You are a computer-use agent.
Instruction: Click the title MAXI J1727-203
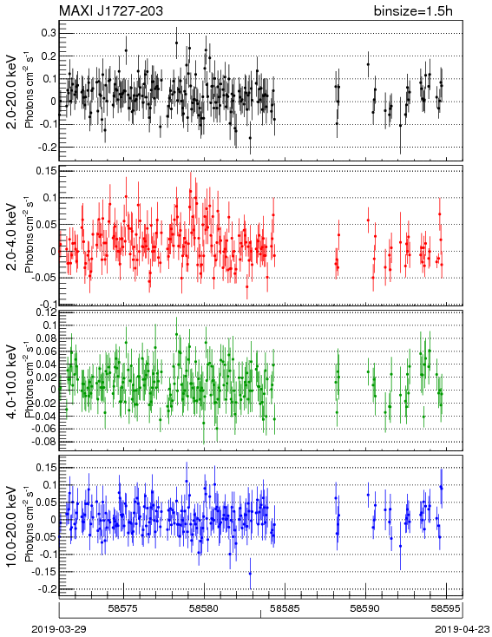tap(110, 11)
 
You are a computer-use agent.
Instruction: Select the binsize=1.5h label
tap(413, 11)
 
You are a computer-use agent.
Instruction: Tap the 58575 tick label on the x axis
tap(123, 608)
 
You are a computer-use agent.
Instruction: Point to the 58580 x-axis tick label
tap(205, 608)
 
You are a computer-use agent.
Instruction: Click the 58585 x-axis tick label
tap(285, 608)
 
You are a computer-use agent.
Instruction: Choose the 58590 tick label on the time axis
tap(365, 608)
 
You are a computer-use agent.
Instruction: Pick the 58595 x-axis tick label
tap(446, 608)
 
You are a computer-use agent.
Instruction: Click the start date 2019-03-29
tap(59, 629)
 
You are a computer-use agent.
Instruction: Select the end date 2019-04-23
tap(462, 629)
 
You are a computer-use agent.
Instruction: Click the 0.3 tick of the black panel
tap(49, 33)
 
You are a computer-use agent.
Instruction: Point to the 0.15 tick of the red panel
tap(46, 171)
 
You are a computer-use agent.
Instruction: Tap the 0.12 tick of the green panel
tap(46, 312)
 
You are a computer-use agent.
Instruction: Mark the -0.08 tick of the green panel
tap(44, 441)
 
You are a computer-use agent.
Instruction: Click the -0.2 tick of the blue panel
tap(47, 588)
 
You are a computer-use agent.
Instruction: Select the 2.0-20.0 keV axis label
tap(12, 92)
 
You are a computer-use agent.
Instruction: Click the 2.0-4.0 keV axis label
tap(12, 236)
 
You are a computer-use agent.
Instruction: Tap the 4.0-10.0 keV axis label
tap(12, 382)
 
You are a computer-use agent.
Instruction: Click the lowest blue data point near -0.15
tap(250, 574)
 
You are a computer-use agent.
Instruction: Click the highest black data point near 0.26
tap(176, 43)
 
